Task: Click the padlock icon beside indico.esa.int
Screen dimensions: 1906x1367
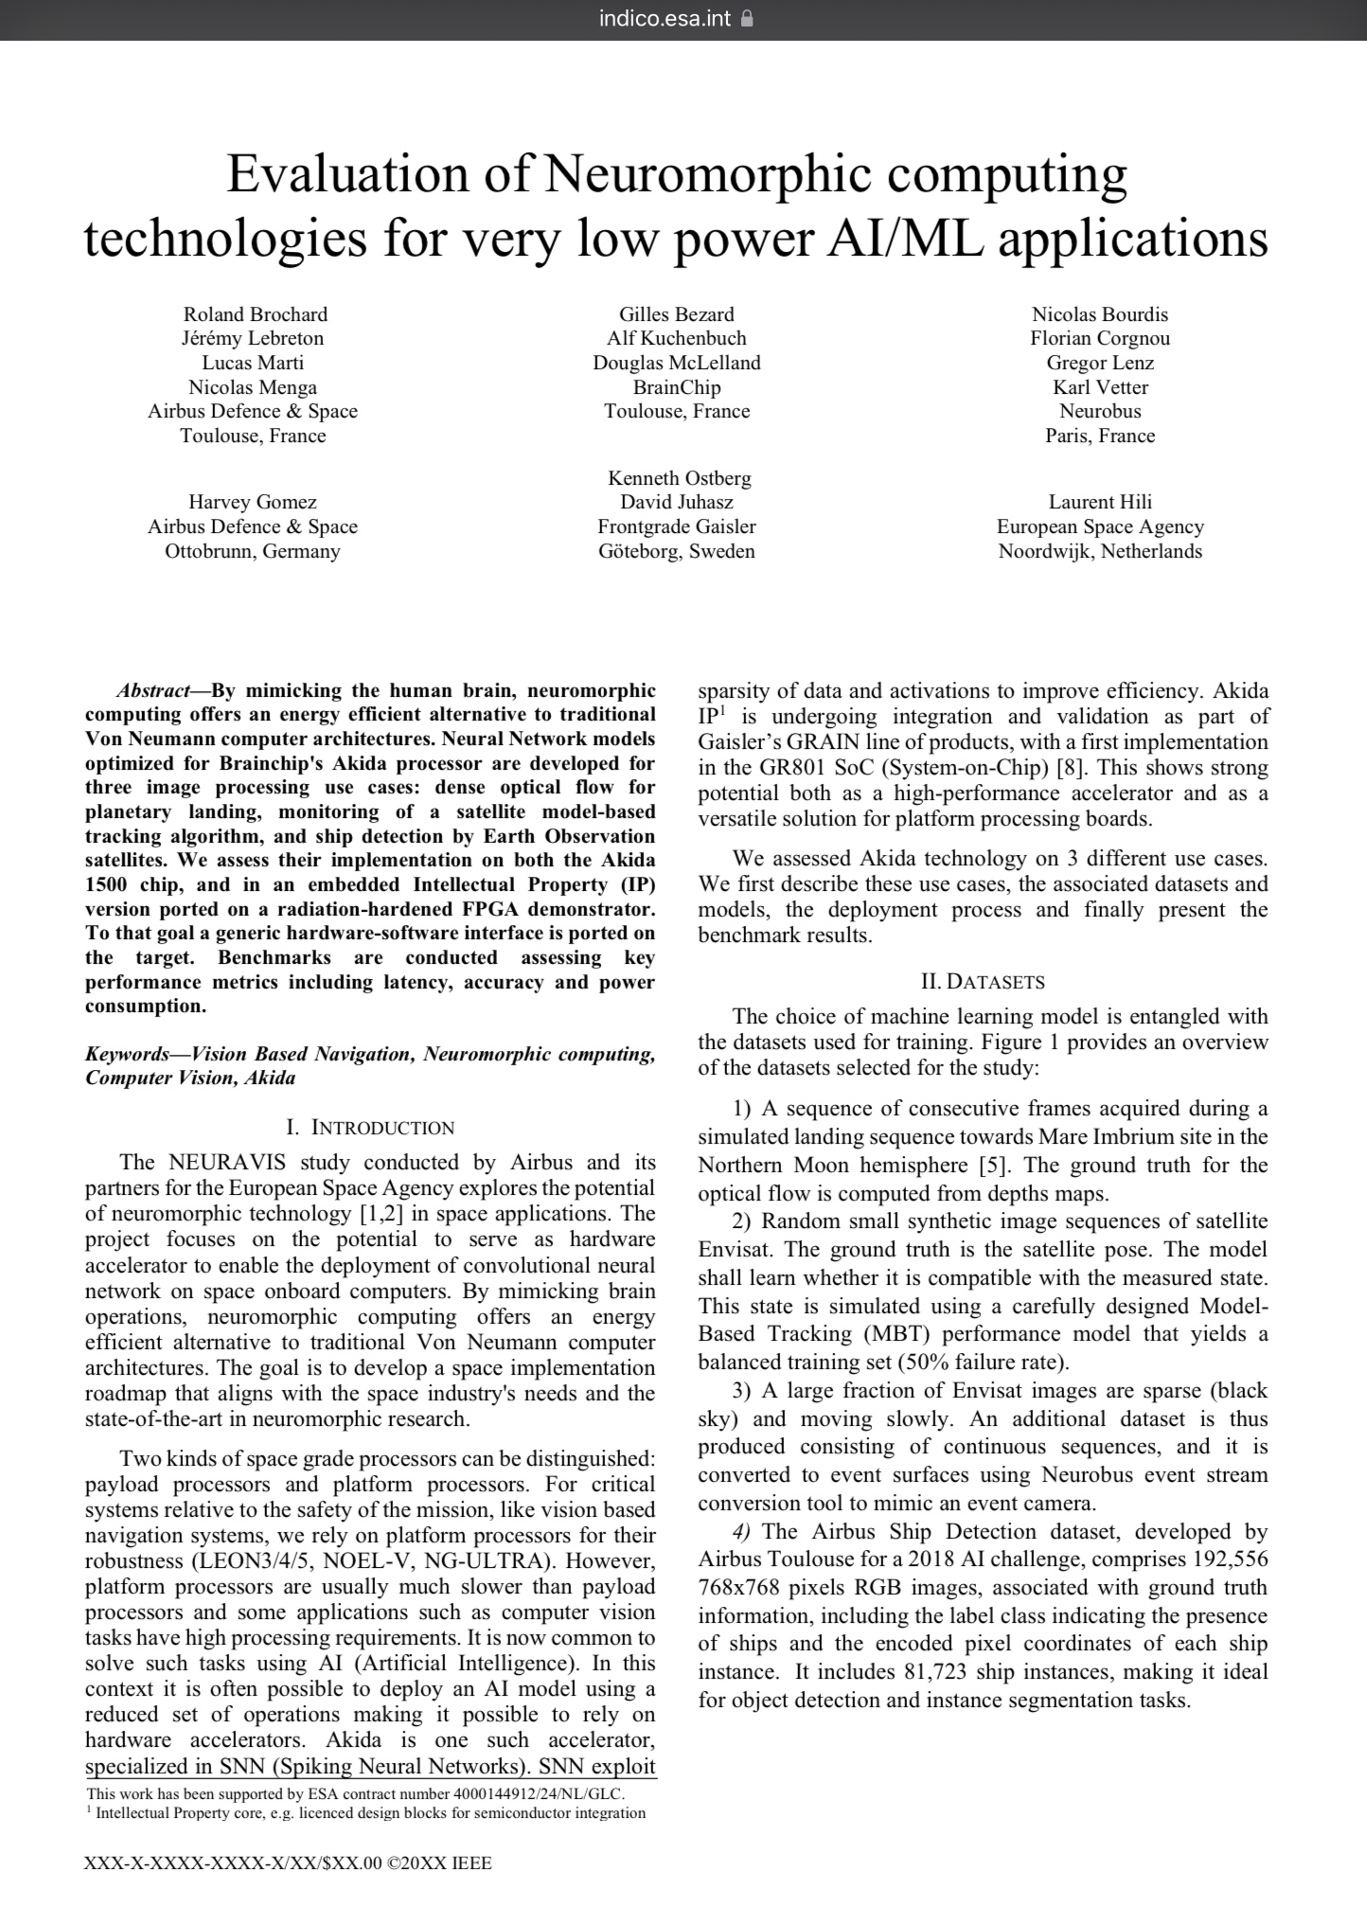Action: coord(747,18)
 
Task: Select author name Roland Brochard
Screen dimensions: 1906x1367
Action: coord(255,314)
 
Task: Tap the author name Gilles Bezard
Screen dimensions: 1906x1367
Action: coord(676,314)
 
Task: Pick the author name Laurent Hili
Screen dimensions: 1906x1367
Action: coord(1100,502)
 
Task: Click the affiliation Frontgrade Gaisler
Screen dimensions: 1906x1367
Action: coord(676,526)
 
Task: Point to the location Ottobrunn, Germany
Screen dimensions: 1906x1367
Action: coord(252,551)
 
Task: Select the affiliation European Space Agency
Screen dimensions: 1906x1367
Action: coord(1100,526)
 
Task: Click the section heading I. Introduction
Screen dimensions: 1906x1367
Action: coord(370,1128)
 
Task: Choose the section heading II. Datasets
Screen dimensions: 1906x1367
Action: coord(983,982)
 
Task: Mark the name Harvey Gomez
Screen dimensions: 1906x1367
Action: coord(252,502)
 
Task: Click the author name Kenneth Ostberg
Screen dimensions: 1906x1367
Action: coord(679,478)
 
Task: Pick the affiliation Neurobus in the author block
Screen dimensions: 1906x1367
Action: coord(1100,411)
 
